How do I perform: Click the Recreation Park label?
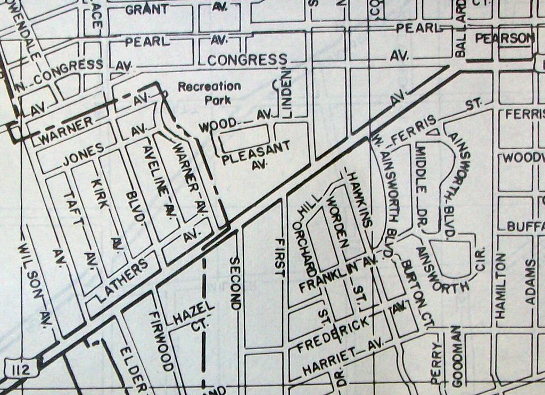(209, 92)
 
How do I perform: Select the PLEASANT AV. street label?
(256, 155)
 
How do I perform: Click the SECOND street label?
(235, 283)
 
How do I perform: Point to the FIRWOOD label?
(161, 341)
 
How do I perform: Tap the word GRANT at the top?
(147, 9)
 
